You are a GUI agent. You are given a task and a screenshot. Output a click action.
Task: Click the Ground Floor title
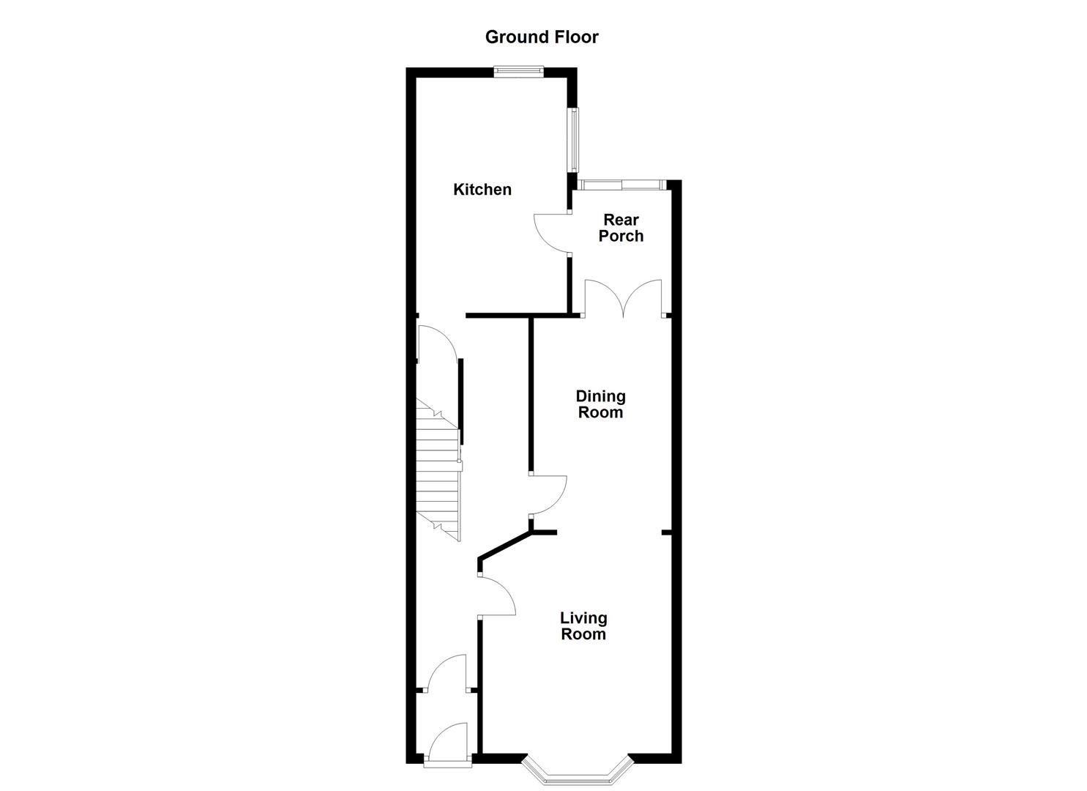click(x=542, y=37)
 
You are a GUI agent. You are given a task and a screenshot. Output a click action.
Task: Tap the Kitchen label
click(x=482, y=190)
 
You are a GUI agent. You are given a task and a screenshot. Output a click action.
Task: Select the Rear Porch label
click(x=621, y=228)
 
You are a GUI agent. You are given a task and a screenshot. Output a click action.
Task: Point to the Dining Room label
click(x=600, y=404)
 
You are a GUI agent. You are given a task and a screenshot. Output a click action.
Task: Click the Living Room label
click(x=583, y=626)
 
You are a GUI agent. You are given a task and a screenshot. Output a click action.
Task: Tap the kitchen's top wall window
click(x=518, y=71)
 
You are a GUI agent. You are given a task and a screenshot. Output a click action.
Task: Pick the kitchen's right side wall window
click(x=575, y=140)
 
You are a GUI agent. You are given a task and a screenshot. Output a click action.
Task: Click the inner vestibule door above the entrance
click(x=447, y=673)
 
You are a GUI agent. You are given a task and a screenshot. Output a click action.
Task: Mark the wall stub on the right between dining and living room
click(x=667, y=532)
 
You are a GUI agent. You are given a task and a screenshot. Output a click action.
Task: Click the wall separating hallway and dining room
click(x=531, y=395)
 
